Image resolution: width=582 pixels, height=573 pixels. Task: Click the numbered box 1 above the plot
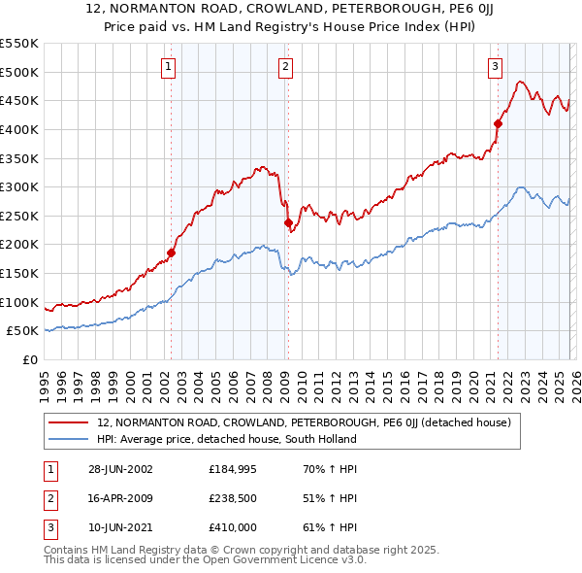tap(169, 67)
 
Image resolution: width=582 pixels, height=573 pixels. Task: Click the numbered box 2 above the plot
tap(286, 67)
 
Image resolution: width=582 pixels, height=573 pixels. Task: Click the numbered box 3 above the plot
tap(495, 67)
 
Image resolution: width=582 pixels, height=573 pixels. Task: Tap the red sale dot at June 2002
tap(172, 253)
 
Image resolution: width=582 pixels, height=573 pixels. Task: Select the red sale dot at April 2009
tap(288, 222)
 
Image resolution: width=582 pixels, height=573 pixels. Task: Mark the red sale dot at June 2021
tap(498, 123)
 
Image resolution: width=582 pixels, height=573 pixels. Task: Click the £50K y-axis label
tap(23, 331)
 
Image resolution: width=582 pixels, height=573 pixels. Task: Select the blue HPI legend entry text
tap(227, 439)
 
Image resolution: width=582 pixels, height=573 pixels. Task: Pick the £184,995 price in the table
tap(236, 469)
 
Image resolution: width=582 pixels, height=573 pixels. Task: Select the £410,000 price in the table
tap(236, 527)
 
